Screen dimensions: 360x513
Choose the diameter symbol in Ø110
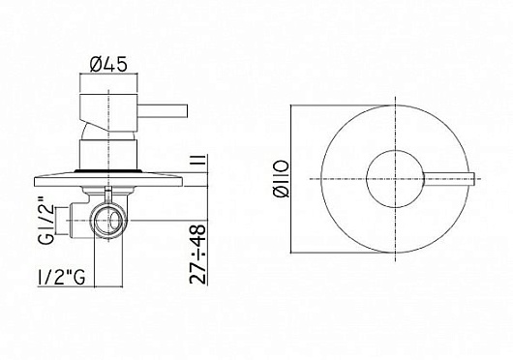(x=280, y=198)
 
